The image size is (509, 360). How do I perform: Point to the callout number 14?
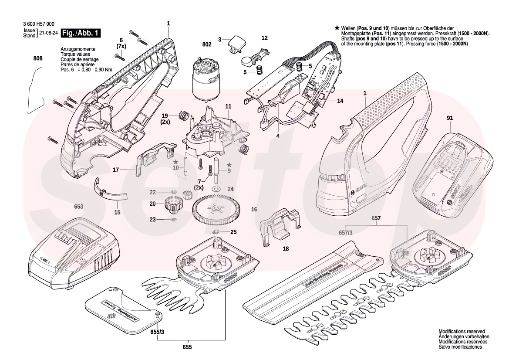pyautogui.click(x=340, y=101)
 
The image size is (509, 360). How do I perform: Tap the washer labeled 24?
pyautogui.click(x=216, y=189)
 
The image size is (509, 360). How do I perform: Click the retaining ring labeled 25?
pyautogui.click(x=216, y=231)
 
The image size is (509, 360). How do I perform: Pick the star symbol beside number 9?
pyautogui.click(x=228, y=164)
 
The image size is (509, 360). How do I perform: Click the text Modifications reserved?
pyautogui.click(x=462, y=332)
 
